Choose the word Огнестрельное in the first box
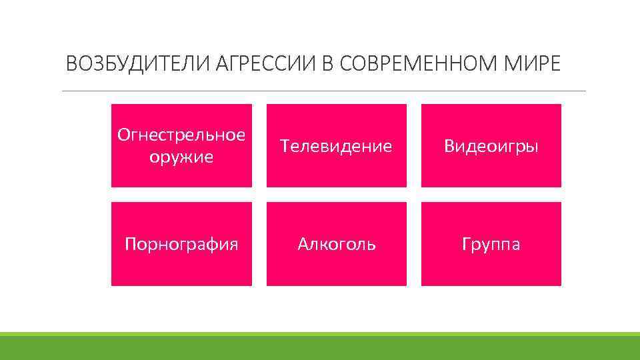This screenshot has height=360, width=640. (181, 135)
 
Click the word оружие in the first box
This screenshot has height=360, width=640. (181, 157)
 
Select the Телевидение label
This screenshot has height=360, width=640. (336, 146)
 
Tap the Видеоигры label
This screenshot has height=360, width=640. (491, 146)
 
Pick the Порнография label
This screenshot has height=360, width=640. (181, 244)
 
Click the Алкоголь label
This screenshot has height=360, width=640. (336, 244)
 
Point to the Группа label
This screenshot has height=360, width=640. (491, 244)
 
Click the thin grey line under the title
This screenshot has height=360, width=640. (323, 91)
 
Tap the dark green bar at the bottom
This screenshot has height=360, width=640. (320, 348)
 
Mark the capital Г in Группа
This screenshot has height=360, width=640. (465, 244)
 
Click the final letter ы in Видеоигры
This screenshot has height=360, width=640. (531, 147)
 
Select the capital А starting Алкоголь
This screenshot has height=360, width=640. (303, 244)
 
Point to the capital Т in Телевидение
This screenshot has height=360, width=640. (285, 146)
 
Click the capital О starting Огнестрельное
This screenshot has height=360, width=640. (123, 135)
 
